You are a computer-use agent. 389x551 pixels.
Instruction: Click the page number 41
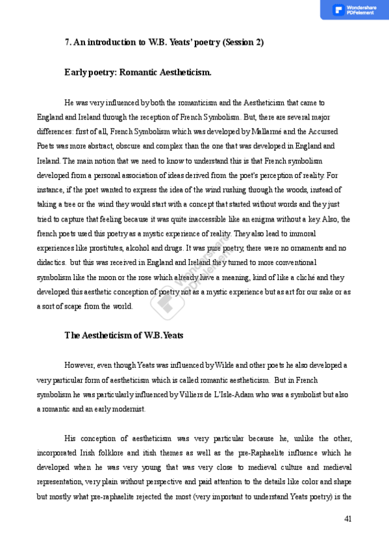point(347,519)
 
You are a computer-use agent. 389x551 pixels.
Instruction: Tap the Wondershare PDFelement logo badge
point(354,10)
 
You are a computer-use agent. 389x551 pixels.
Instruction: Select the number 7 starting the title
point(68,42)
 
